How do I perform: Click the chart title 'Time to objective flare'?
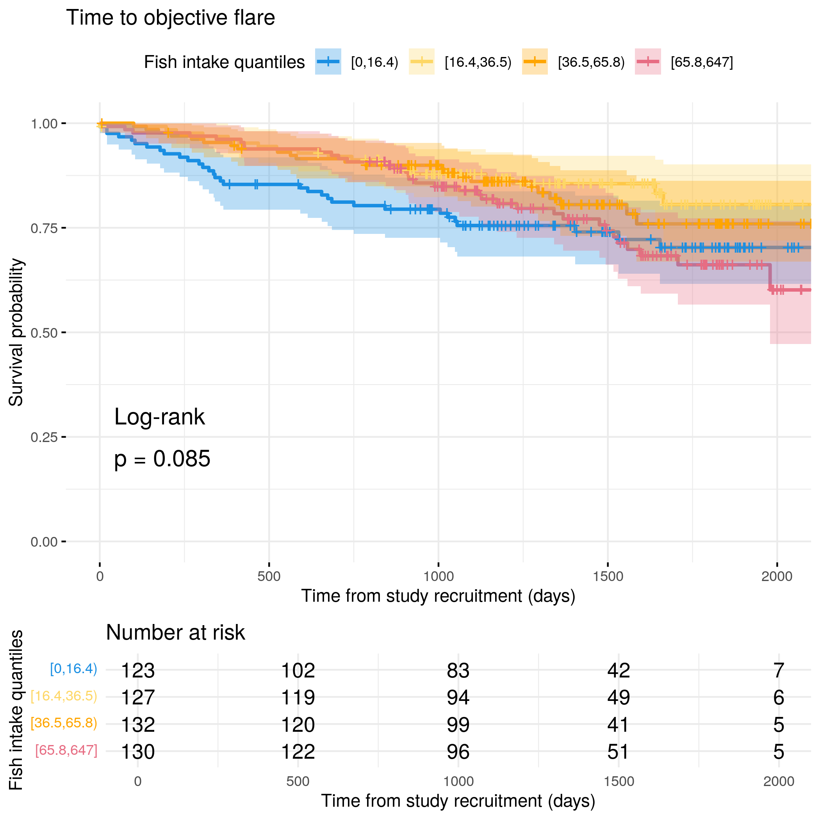(x=170, y=18)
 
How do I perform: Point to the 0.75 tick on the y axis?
(x=64, y=228)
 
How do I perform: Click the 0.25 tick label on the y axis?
(x=44, y=437)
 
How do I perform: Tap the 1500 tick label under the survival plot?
(x=608, y=576)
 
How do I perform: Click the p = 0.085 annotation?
(x=162, y=459)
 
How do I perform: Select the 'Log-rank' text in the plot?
(x=160, y=417)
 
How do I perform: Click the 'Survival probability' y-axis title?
(x=16, y=332)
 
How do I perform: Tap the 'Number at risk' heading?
(x=175, y=633)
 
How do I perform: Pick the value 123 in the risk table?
(x=138, y=670)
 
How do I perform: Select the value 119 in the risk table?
(x=298, y=697)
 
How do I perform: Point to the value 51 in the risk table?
(x=619, y=752)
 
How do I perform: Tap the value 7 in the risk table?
(x=778, y=670)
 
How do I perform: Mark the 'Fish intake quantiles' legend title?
(x=224, y=62)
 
